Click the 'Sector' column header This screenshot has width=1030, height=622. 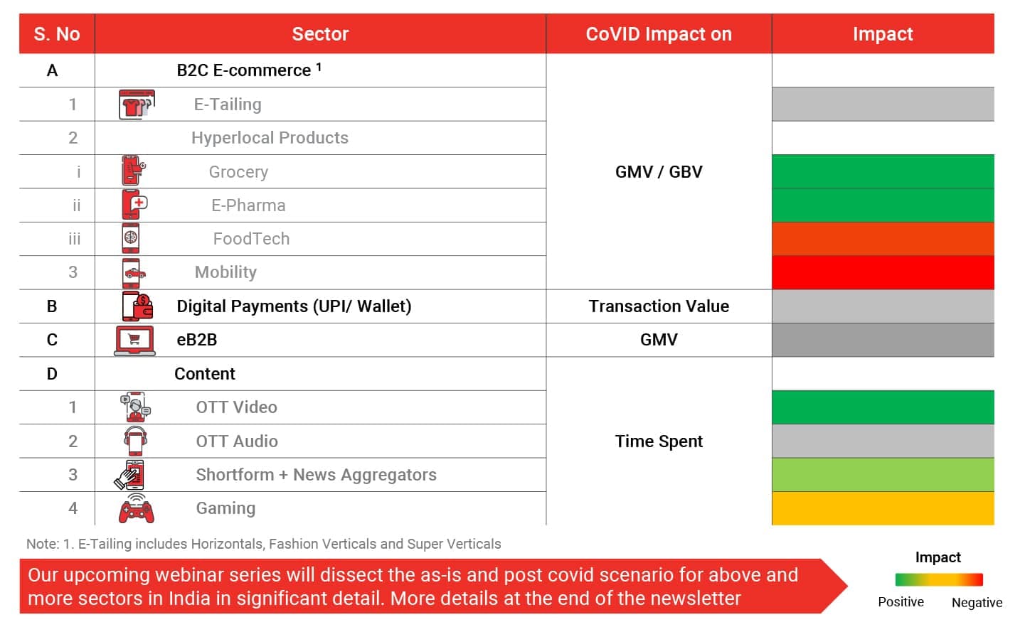pos(320,34)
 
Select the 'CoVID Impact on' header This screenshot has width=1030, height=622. pos(658,34)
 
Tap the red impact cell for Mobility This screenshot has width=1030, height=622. pos(882,272)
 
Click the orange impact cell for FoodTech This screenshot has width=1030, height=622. pos(882,239)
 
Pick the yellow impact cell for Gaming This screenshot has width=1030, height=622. pos(882,508)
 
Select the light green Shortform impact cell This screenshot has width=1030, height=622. pos(882,475)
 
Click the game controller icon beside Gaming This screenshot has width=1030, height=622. pos(136,509)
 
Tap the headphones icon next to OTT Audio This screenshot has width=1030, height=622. pos(135,441)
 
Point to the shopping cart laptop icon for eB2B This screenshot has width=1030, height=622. pos(134,341)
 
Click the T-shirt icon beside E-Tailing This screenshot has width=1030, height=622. pos(136,104)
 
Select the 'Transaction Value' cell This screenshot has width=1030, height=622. pos(658,306)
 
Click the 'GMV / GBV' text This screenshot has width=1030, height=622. pos(658,172)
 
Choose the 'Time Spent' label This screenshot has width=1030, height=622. pos(658,441)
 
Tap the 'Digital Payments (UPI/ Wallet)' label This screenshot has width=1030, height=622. pos(294,306)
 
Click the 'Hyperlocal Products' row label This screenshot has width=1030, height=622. pos(270,138)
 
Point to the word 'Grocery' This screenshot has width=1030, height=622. pos(238,172)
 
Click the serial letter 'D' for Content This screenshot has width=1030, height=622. pos(52,374)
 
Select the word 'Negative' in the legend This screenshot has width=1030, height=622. pos(977,603)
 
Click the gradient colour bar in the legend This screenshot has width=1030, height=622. pos(938,579)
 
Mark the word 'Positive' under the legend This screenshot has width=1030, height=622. pos(901,602)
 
